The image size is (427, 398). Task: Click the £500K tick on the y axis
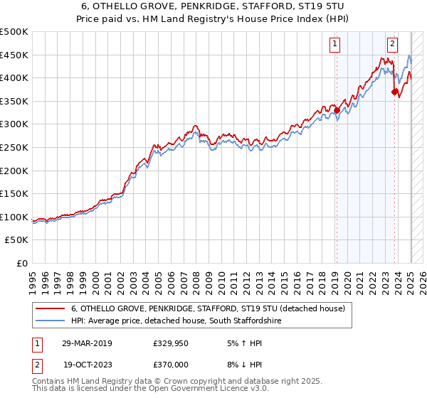tap(14, 32)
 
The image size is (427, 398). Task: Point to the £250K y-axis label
tap(14, 147)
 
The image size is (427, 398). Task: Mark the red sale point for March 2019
tap(337, 110)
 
